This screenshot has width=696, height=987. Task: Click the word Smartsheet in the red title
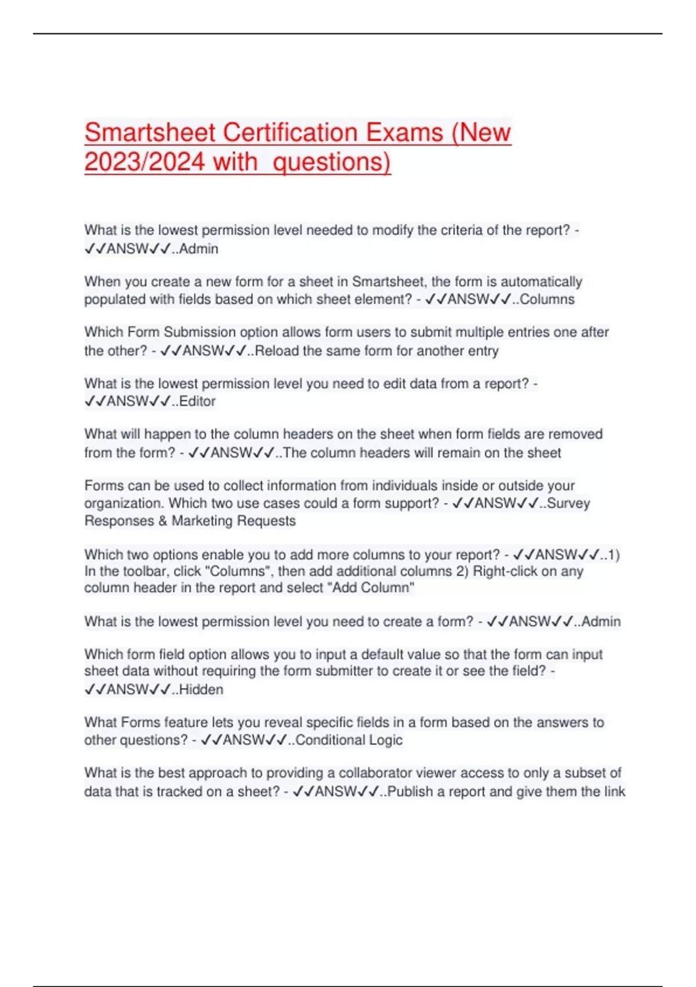[150, 132]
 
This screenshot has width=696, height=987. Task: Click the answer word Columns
[547, 300]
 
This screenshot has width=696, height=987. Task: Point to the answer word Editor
[197, 401]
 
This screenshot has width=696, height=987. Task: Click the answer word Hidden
[201, 690]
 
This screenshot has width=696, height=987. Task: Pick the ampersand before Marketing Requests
[162, 521]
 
